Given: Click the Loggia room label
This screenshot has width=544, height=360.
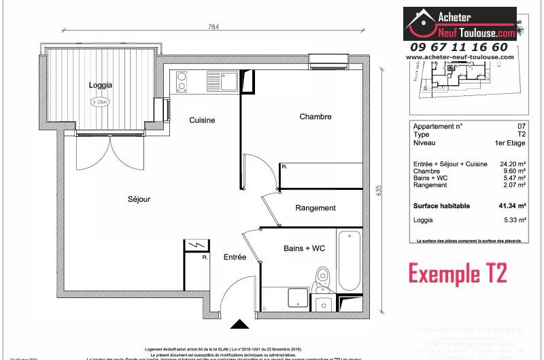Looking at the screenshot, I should [x=100, y=85].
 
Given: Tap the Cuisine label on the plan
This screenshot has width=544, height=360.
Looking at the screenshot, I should [x=202, y=120].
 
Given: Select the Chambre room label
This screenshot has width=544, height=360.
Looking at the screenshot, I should [x=316, y=116].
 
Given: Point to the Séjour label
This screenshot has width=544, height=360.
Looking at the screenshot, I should [x=138, y=199].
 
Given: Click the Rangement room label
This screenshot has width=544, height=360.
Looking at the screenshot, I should [x=316, y=208].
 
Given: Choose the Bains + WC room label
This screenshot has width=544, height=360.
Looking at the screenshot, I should [x=304, y=248].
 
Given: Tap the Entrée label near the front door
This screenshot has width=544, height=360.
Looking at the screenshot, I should [x=235, y=257].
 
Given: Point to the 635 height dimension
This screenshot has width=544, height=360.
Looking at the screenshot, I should [x=378, y=191].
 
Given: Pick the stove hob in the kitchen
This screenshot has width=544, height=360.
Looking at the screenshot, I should [x=182, y=82].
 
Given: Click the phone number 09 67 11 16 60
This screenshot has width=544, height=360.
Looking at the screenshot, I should [x=458, y=47].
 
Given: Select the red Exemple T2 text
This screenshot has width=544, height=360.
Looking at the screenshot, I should [x=458, y=273].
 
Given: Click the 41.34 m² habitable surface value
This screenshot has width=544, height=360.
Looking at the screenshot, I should [x=512, y=206].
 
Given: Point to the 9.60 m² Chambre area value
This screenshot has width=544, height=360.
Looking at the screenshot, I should [x=515, y=171].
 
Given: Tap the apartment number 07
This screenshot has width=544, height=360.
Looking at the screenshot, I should [x=522, y=127].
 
